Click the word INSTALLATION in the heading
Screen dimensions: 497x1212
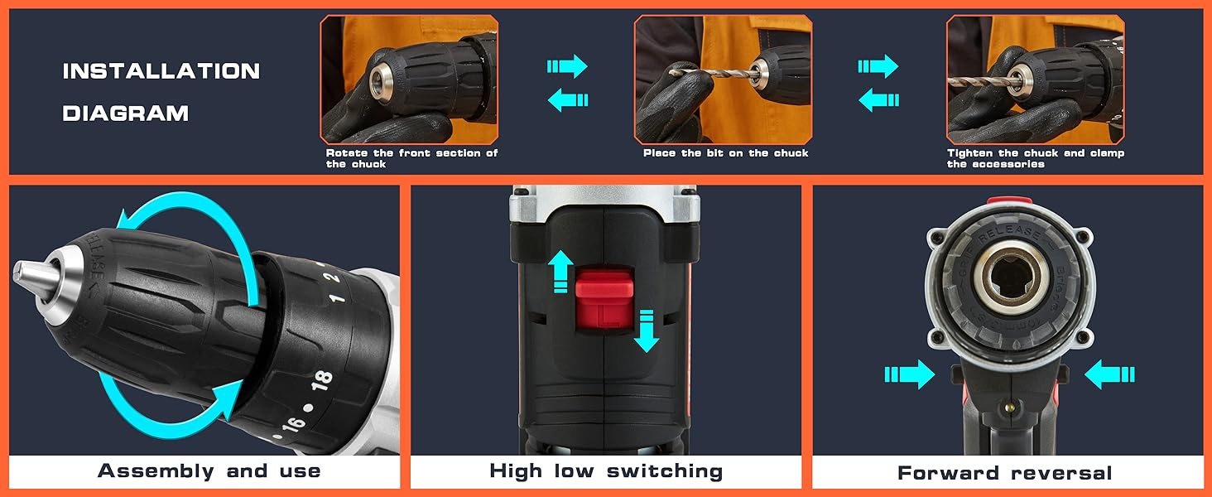point(161,71)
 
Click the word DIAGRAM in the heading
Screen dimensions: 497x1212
point(126,113)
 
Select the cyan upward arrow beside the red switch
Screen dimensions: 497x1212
point(561,271)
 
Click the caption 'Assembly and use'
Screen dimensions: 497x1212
point(209,471)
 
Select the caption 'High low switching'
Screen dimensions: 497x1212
point(606,471)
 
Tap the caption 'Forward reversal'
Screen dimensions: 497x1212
point(1005,473)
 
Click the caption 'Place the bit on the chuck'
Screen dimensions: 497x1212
point(725,153)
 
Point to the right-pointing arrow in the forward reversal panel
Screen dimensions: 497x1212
point(909,374)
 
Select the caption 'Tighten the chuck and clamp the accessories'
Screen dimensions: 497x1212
point(1035,158)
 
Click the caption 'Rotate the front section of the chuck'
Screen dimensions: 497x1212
point(411,158)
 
